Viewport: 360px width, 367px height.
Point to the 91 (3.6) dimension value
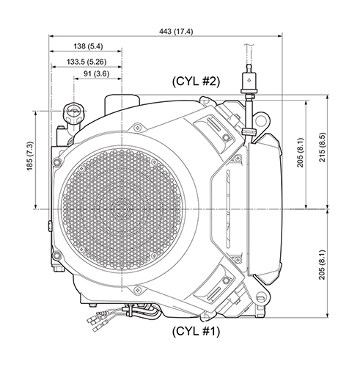click(92, 73)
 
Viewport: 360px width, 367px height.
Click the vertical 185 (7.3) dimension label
click(30, 159)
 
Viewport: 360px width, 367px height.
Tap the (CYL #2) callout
click(195, 81)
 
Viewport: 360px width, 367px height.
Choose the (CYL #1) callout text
click(195, 331)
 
